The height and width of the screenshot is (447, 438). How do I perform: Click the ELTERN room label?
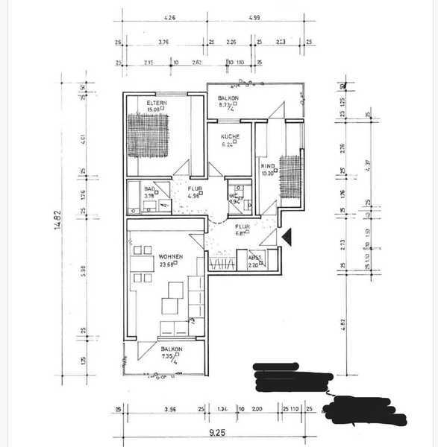click(x=157, y=103)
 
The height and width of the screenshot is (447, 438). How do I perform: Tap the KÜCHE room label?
click(x=229, y=137)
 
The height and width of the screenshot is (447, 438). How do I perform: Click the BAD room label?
click(x=148, y=189)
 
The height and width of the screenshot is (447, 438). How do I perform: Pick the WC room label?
click(x=233, y=195)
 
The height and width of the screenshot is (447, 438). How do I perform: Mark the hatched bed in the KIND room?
click(x=291, y=176)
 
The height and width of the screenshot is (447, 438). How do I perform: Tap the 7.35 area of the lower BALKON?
click(x=169, y=357)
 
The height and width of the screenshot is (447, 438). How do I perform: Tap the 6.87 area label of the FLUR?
click(x=243, y=232)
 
